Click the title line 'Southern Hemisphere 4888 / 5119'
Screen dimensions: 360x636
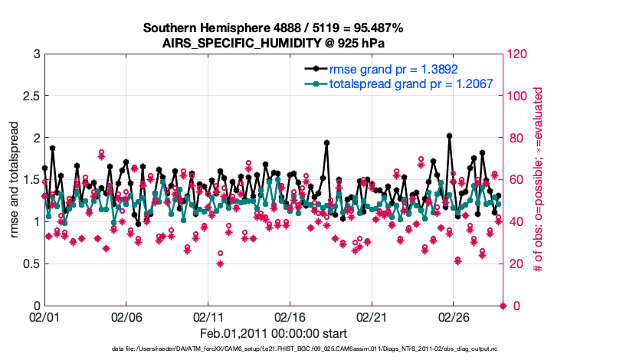click(273, 28)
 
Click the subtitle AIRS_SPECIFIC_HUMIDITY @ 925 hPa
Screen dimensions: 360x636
click(273, 43)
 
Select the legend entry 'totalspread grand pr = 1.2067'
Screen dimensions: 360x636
click(411, 83)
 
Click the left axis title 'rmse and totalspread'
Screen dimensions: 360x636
click(15, 180)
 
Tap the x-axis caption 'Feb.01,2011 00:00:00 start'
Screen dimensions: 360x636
click(273, 333)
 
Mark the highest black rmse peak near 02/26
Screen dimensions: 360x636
click(449, 136)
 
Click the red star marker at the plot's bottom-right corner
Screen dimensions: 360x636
click(503, 306)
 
